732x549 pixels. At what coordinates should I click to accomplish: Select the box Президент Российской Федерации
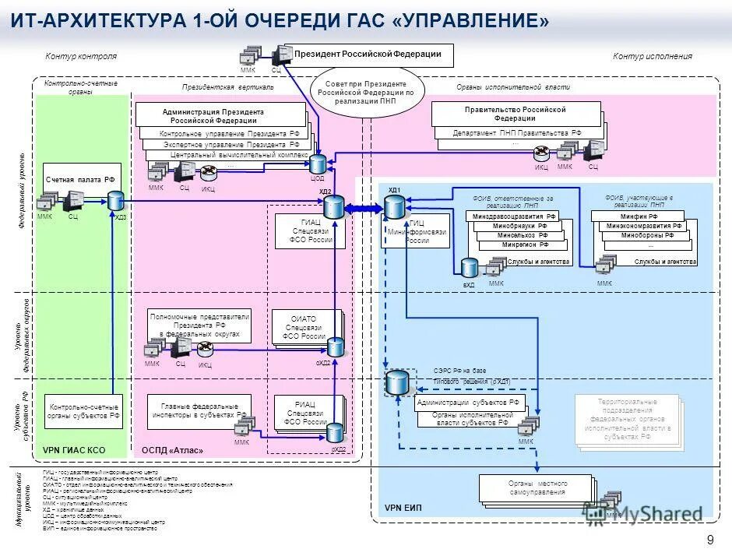tap(368, 55)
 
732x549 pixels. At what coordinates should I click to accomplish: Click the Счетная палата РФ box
tap(80, 180)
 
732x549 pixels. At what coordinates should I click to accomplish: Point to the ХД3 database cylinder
tap(116, 202)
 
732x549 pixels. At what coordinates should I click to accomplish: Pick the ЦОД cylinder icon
tap(318, 164)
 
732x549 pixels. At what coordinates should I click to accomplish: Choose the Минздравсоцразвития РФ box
tap(514, 216)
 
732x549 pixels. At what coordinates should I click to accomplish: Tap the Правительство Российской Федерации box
tap(515, 114)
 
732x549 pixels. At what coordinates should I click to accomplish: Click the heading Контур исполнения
tap(652, 56)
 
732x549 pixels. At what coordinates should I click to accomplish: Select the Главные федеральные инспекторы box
tap(199, 410)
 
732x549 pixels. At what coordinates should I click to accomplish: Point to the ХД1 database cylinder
tap(395, 206)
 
